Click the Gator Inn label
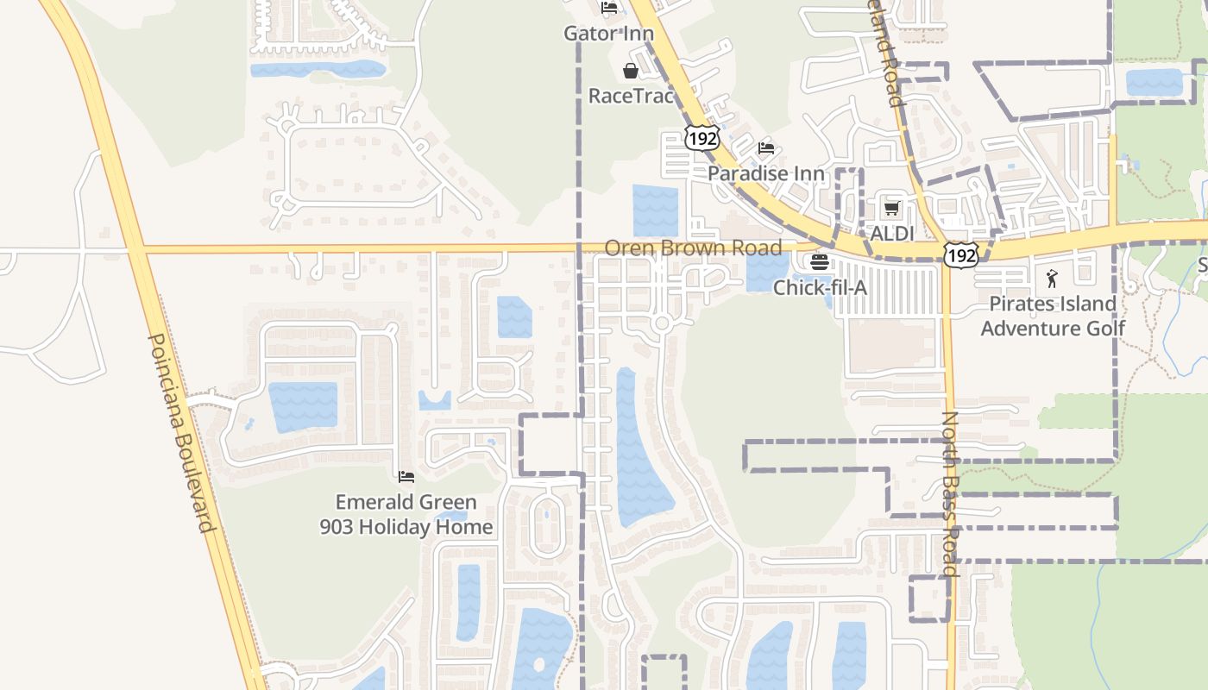coord(608,34)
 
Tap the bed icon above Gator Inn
coord(609,9)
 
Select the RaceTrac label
coord(630,95)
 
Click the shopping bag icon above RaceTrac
coord(631,71)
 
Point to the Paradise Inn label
coord(766,173)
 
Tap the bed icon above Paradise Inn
coord(766,148)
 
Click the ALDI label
coord(892,234)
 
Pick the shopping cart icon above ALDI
coord(892,209)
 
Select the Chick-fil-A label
coord(820,287)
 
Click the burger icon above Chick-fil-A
coord(820,262)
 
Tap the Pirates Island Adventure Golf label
coord(1053,316)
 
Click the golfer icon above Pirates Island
coord(1051,279)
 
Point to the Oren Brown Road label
coord(693,248)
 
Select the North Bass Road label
coord(950,493)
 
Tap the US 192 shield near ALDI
coord(960,254)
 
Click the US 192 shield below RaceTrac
coord(702,137)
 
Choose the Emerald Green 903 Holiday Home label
coord(406,514)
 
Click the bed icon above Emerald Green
coord(406,477)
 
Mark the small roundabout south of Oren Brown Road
coord(662,323)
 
